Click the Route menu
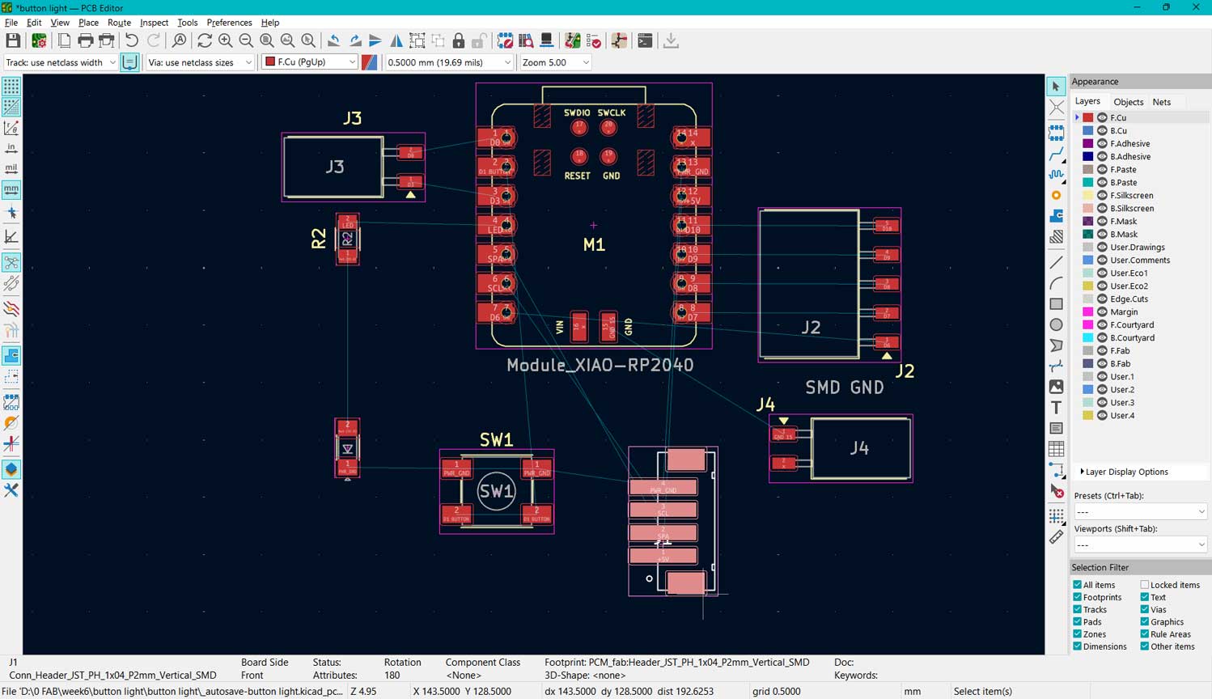click(119, 23)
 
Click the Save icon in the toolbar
click(13, 41)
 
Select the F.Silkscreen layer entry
click(1131, 195)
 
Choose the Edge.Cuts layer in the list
click(1129, 299)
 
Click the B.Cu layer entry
click(1118, 130)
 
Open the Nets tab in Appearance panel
click(1161, 102)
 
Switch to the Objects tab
click(1128, 102)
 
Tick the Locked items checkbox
click(1145, 585)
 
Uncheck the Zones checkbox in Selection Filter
click(1078, 634)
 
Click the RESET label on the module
click(577, 176)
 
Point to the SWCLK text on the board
click(612, 113)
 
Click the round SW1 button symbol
click(496, 491)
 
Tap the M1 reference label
click(594, 244)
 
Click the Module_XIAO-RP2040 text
click(600, 365)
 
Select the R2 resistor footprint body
click(347, 239)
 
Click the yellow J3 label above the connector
click(352, 118)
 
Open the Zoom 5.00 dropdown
click(555, 62)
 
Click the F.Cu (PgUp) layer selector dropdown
click(310, 62)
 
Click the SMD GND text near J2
click(844, 388)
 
